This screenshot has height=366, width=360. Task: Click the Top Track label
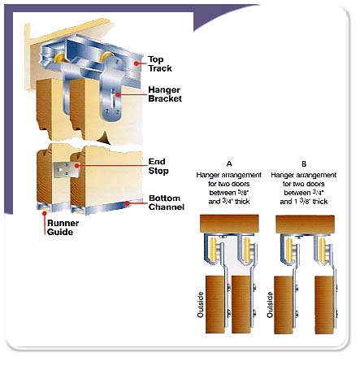(x=159, y=64)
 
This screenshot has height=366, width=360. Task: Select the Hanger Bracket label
(x=165, y=94)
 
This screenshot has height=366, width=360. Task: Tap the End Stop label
(x=158, y=166)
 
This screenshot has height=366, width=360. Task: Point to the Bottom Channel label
(x=167, y=203)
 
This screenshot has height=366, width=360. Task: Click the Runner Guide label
(x=63, y=228)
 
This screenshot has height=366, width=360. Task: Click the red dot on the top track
(x=137, y=63)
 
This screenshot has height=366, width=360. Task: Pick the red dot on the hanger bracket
(x=118, y=94)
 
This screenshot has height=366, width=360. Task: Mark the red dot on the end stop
(x=77, y=165)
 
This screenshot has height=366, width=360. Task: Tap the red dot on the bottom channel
(x=127, y=203)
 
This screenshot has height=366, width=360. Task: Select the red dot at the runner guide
(x=44, y=213)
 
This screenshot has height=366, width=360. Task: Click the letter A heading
(x=229, y=164)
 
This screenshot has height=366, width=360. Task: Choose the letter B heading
(x=304, y=164)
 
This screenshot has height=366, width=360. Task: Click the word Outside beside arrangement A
(x=201, y=304)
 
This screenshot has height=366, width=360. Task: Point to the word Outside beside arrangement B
(x=270, y=304)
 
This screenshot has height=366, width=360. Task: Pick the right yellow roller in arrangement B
(x=322, y=248)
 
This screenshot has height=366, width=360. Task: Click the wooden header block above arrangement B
(x=305, y=224)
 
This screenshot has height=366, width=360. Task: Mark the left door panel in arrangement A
(x=215, y=305)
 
